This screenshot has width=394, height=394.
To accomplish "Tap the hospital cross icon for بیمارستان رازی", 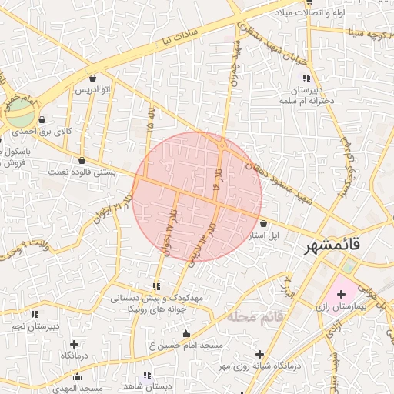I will coord(341,294).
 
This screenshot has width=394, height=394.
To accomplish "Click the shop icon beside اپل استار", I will coord(263,222).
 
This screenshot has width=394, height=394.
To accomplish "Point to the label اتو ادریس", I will coord(92,90).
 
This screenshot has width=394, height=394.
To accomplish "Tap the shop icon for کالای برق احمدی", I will coord(41,120).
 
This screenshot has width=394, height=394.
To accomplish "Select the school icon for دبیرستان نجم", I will coord(34,315).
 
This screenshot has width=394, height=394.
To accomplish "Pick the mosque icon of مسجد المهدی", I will coord(76,376).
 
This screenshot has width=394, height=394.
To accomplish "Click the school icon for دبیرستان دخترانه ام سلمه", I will coord(306,78).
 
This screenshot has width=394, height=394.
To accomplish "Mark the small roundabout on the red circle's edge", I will coord(222,144).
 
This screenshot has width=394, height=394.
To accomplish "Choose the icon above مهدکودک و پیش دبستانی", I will coord(158,286).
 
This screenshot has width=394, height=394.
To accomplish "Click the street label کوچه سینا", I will coord(368,32).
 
